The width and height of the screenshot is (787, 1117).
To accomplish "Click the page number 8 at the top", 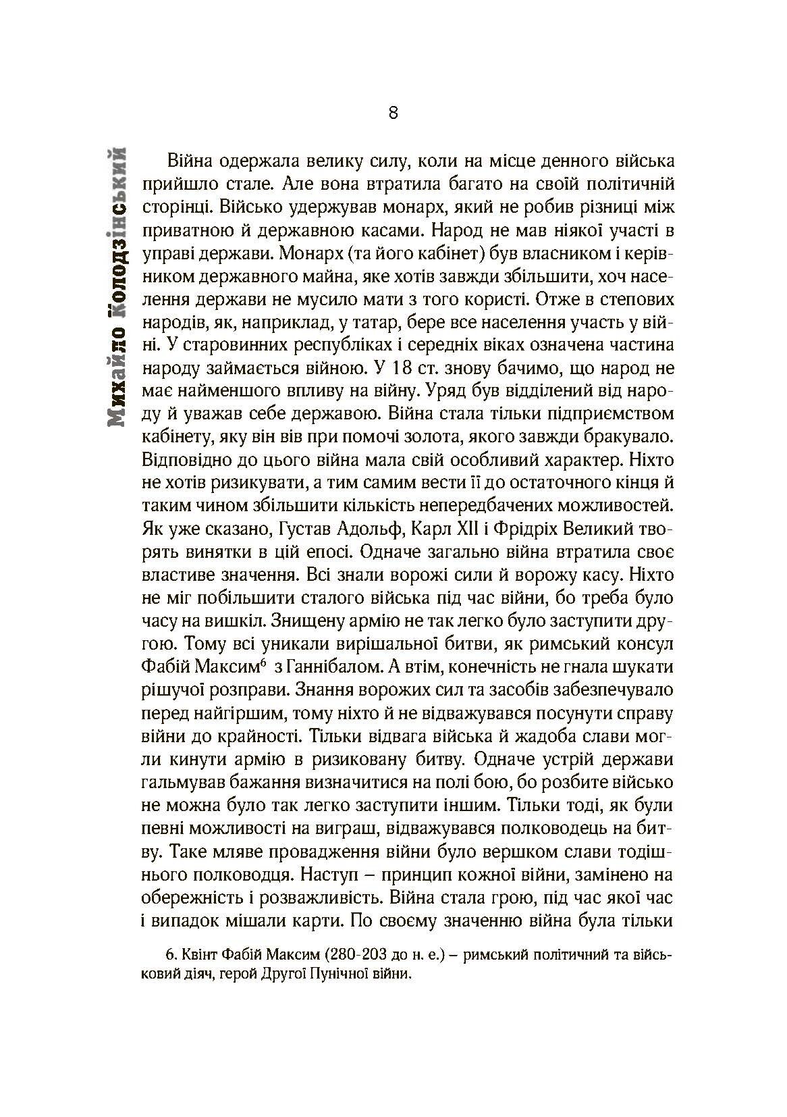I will (x=394, y=112).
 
